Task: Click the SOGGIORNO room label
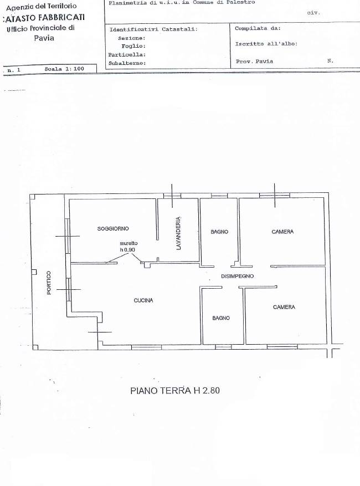tap(113, 229)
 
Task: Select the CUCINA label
tap(143, 300)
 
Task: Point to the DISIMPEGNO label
tap(237, 276)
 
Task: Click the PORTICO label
tap(49, 283)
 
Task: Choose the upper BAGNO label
tap(219, 232)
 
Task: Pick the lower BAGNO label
tap(221, 318)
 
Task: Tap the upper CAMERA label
tap(282, 232)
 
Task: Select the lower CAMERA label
tap(284, 307)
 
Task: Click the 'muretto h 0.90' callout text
tap(128, 247)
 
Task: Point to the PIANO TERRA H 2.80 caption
tap(175, 390)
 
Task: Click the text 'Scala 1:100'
tap(64, 69)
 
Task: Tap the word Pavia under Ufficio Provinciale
tap(44, 38)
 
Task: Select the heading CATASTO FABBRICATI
tap(43, 18)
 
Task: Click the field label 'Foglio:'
tap(133, 46)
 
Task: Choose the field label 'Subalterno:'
tap(127, 63)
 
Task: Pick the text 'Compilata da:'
tap(258, 28)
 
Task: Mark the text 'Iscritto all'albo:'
tap(266, 44)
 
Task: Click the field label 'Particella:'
tap(127, 54)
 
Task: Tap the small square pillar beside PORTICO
tap(34, 272)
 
